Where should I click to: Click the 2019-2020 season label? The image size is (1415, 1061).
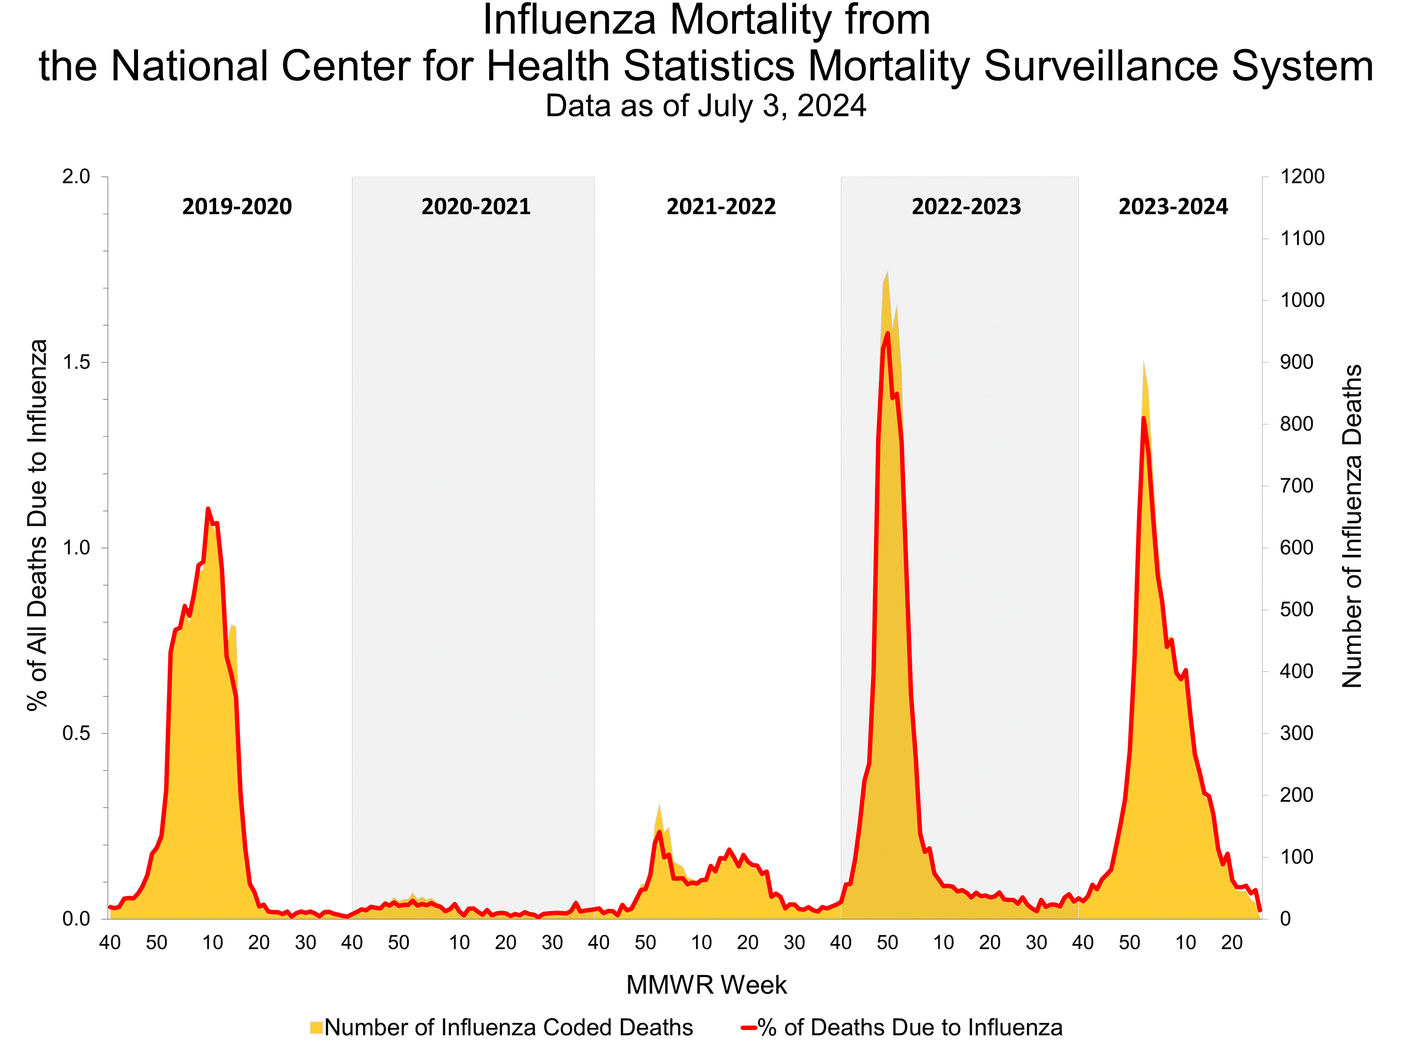[237, 207]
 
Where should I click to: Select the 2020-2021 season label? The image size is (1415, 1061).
[476, 207]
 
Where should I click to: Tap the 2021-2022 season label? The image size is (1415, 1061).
[721, 207]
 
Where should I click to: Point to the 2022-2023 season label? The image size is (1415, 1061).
[966, 207]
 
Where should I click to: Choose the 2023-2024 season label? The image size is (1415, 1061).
[1173, 207]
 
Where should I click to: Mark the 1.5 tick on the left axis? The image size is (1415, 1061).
[76, 362]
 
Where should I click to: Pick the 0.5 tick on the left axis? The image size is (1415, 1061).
[76, 733]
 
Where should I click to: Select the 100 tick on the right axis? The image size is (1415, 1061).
[1296, 857]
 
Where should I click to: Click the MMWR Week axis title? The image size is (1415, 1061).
[706, 985]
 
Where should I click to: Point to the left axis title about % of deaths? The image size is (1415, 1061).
[38, 525]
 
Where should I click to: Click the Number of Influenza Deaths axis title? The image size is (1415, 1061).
[1352, 526]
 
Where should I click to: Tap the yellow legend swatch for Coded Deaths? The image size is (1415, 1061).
[316, 1028]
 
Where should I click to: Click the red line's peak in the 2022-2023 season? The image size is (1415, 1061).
[887, 333]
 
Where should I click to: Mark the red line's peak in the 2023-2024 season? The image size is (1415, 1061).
[1143, 419]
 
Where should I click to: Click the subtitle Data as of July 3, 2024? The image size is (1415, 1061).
[706, 106]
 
